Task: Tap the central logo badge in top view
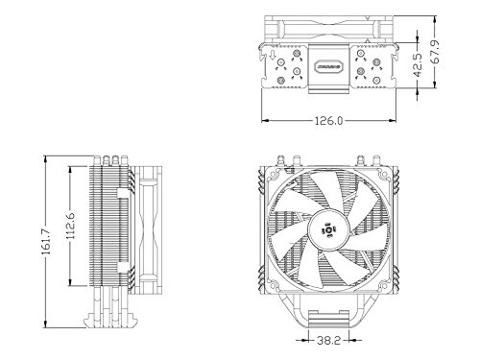click(326, 66)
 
